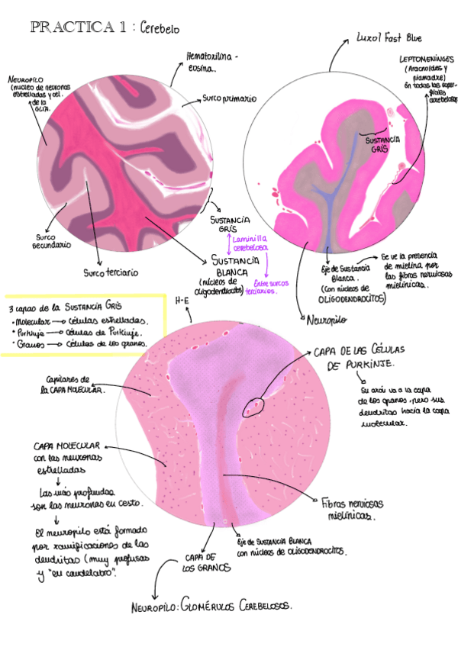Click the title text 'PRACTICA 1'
click(78, 27)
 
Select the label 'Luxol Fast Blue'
click(389, 37)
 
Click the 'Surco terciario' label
click(111, 272)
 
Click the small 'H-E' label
click(182, 301)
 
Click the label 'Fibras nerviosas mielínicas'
click(353, 510)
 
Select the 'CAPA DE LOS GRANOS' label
click(202, 562)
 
